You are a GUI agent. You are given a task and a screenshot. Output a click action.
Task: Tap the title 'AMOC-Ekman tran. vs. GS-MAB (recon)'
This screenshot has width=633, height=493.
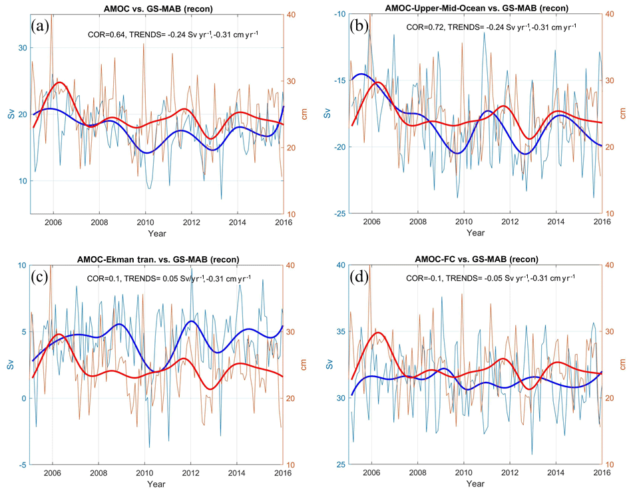[154, 259]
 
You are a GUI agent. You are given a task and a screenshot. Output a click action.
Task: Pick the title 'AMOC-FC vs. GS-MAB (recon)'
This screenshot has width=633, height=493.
[475, 259]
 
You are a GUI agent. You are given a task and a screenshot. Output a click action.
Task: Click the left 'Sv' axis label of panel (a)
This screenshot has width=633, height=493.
[10, 114]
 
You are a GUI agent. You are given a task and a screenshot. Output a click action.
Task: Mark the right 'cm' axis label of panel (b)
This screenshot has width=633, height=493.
[623, 114]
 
